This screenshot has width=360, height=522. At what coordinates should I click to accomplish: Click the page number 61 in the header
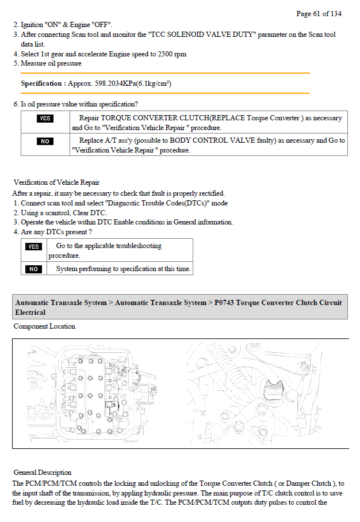pyautogui.click(x=316, y=14)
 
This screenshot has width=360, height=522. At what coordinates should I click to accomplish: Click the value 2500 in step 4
pyautogui.click(x=165, y=54)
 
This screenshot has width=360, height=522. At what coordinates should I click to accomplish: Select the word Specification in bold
pyautogui.click(x=41, y=83)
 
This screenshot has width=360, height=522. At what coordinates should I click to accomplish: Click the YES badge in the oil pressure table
pyautogui.click(x=45, y=119)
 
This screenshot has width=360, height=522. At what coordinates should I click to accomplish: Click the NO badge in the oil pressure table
pyautogui.click(x=45, y=141)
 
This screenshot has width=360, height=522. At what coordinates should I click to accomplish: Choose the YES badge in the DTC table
pyautogui.click(x=33, y=247)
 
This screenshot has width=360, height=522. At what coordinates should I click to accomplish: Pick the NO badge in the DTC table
pyautogui.click(x=33, y=269)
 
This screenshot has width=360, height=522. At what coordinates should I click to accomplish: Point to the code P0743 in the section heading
pyautogui.click(x=224, y=303)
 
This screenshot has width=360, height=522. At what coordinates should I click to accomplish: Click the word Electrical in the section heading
pyautogui.click(x=30, y=313)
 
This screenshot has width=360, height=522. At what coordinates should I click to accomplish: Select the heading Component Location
pyautogui.click(x=44, y=326)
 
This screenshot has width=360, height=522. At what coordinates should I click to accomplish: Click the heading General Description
pyautogui.click(x=43, y=473)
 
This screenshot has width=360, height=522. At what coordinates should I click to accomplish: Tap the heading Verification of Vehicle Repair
pyautogui.click(x=56, y=182)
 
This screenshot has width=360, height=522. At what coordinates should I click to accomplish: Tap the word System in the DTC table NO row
pyautogui.click(x=67, y=269)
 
